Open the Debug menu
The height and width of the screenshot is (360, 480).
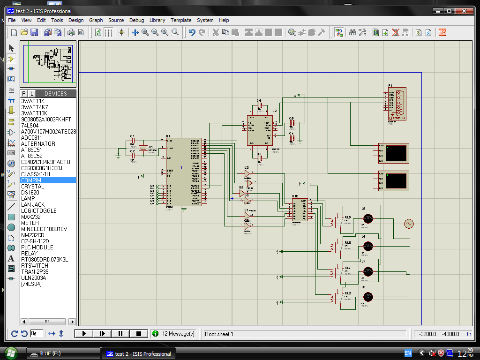(x=136, y=20)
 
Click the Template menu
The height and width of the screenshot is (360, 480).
(x=181, y=20)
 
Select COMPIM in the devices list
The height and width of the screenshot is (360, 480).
(x=31, y=180)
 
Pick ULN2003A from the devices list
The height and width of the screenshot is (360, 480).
(x=34, y=277)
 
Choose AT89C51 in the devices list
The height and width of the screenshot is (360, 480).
(x=31, y=150)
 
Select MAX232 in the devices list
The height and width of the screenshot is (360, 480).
(x=30, y=217)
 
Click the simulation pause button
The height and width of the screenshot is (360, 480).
(x=120, y=334)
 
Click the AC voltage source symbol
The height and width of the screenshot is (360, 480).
(x=409, y=224)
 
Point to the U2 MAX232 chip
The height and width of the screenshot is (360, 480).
(x=259, y=131)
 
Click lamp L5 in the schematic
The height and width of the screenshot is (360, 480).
(x=368, y=218)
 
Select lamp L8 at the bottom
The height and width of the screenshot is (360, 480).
(x=368, y=296)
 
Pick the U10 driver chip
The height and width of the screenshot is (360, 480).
(x=300, y=210)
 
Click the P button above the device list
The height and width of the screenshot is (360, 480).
(x=24, y=94)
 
